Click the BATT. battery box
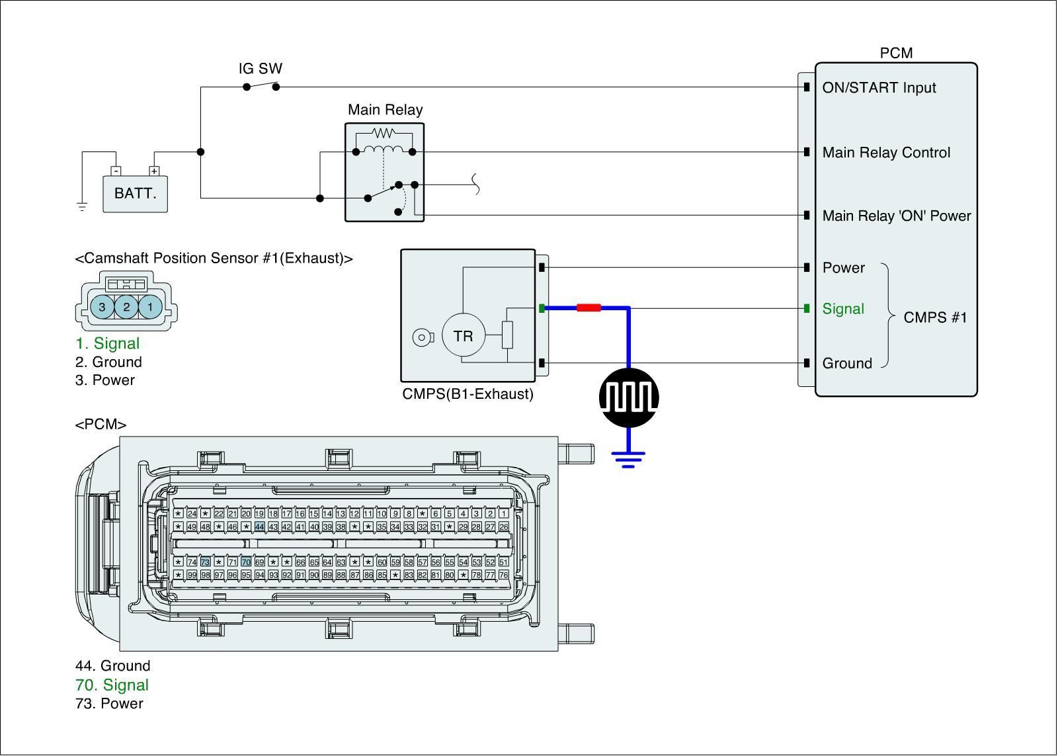click(x=135, y=194)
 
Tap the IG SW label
click(x=260, y=69)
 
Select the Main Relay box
click(x=384, y=172)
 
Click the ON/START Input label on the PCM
click(x=879, y=88)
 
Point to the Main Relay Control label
click(x=886, y=153)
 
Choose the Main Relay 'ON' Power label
click(x=896, y=216)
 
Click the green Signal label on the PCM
click(x=843, y=309)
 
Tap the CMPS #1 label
click(x=935, y=317)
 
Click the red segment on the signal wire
click(x=589, y=308)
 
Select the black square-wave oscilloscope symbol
click(x=629, y=398)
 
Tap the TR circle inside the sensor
click(x=463, y=336)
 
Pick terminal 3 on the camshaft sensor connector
click(x=102, y=307)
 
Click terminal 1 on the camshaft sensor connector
click(x=150, y=307)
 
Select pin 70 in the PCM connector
click(x=246, y=562)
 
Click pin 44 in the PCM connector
click(x=259, y=526)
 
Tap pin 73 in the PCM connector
click(x=205, y=562)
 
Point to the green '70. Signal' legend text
click(x=112, y=685)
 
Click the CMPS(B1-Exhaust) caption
click(x=468, y=395)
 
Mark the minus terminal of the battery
click(x=116, y=171)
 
